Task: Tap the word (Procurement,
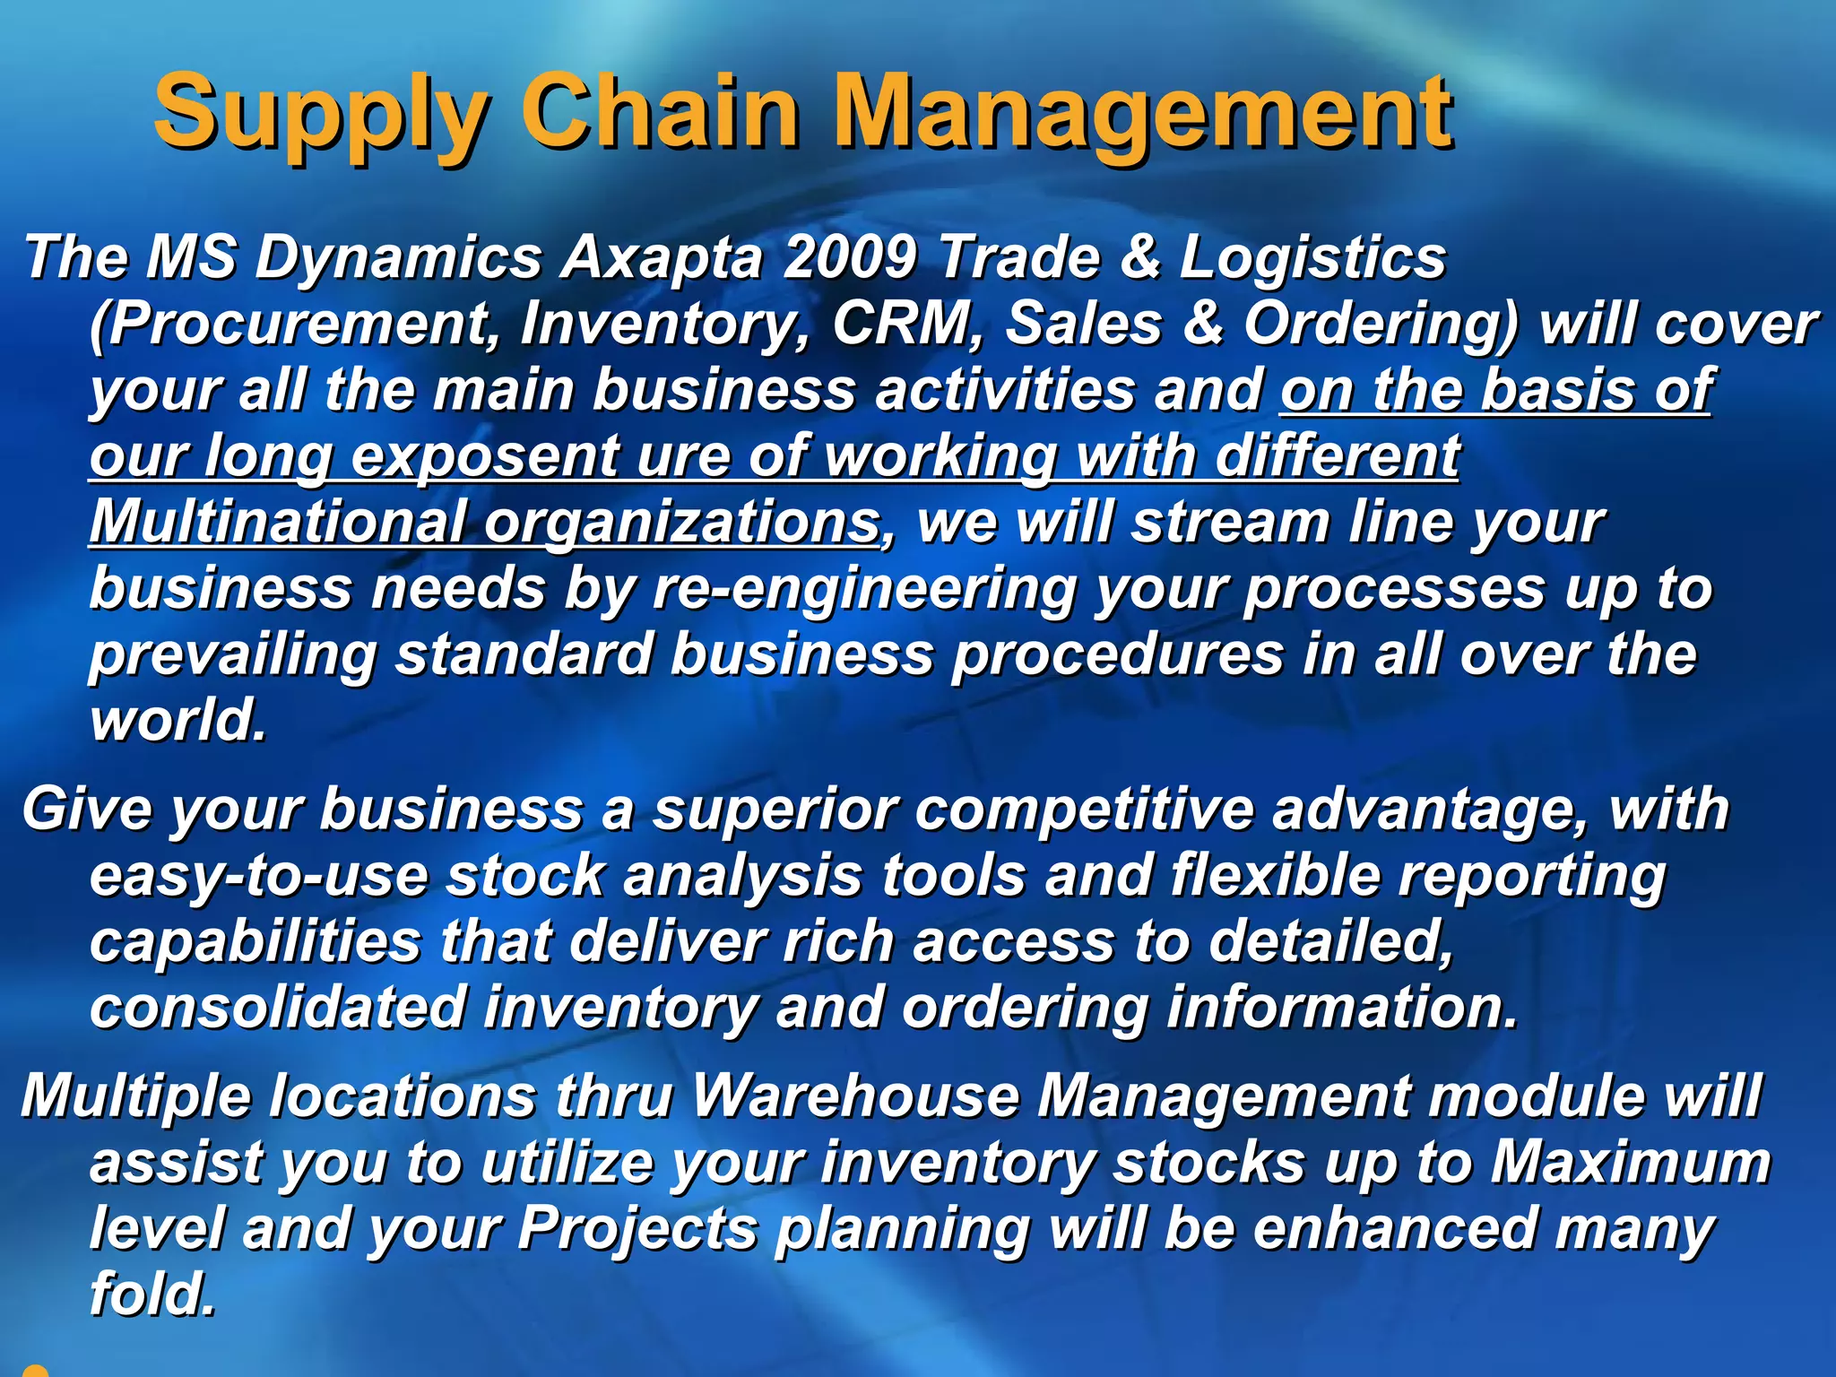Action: (295, 325)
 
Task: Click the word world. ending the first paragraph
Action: (178, 721)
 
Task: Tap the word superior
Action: (775, 810)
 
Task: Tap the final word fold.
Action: (153, 1295)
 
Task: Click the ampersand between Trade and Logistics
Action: (1139, 258)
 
